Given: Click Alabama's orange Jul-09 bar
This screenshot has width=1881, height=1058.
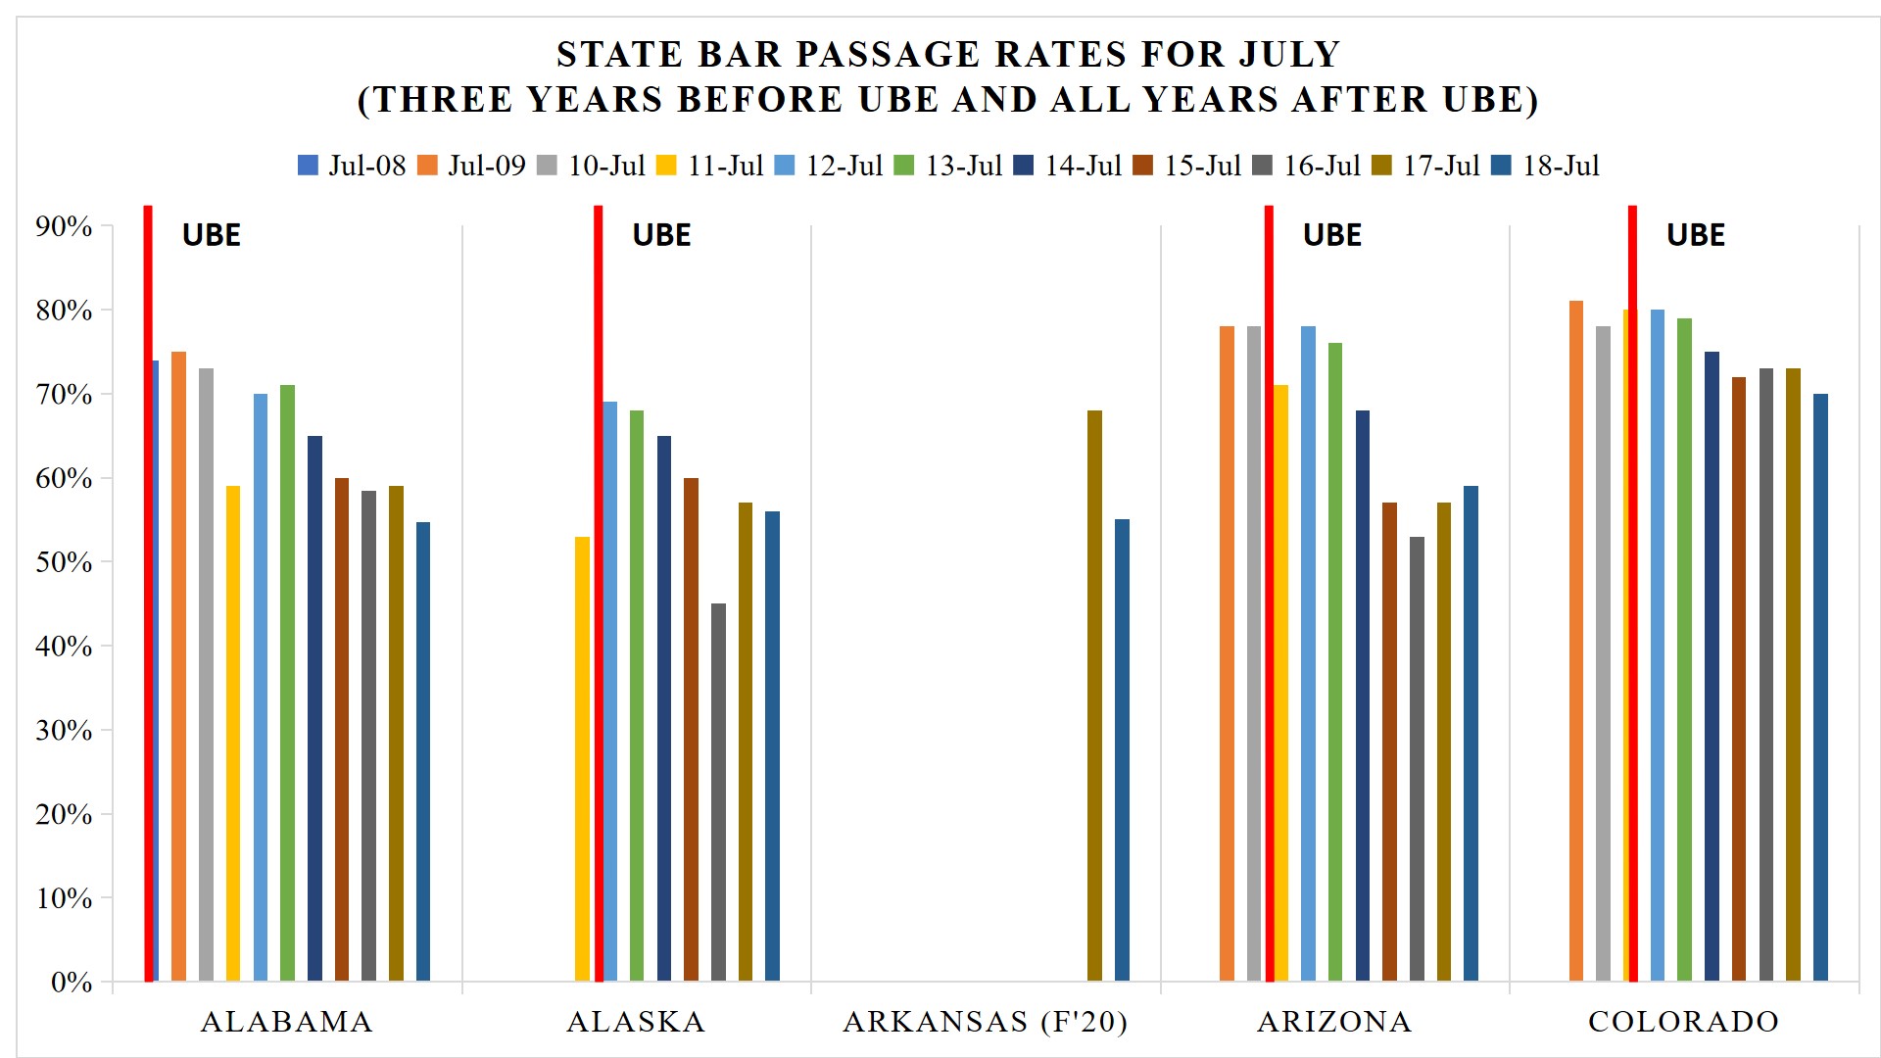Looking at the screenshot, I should coord(178,666).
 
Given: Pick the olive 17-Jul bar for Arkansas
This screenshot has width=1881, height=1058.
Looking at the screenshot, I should coord(1094,696).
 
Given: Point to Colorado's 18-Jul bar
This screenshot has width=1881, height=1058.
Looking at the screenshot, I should coord(1820,687).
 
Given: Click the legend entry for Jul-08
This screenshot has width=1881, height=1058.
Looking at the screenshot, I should coord(352,166).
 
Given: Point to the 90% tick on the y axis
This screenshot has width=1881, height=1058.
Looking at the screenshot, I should coord(64,226).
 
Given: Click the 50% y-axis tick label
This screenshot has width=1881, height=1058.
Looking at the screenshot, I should coord(64,562).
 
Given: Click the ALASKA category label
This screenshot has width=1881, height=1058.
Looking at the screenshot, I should coord(636,1022).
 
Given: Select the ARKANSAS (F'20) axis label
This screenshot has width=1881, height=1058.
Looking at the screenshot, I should coord(985,1022).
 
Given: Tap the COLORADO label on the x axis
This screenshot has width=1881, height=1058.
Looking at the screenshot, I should coord(1683,1022).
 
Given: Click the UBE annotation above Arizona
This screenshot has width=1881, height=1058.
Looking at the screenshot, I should coord(1331,235).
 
